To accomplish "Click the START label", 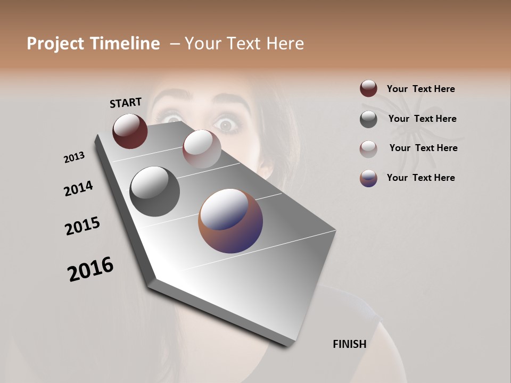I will pyautogui.click(x=126, y=103).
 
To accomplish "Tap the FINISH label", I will pyautogui.click(x=349, y=344).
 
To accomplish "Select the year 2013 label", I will pyautogui.click(x=74, y=157).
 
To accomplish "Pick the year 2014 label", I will pyautogui.click(x=78, y=188).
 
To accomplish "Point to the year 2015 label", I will pyautogui.click(x=83, y=226).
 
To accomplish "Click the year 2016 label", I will pyautogui.click(x=90, y=269).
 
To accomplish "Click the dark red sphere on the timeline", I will pyautogui.click(x=130, y=131).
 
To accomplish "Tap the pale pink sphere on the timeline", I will pyautogui.click(x=202, y=148).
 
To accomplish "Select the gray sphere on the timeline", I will pyautogui.click(x=154, y=191).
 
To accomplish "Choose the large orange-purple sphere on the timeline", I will pyautogui.click(x=230, y=221).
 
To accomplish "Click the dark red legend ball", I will pyautogui.click(x=368, y=89).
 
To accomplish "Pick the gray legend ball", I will pyautogui.click(x=368, y=119).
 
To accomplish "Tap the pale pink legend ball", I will pyautogui.click(x=368, y=149).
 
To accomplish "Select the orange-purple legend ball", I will pyautogui.click(x=368, y=178).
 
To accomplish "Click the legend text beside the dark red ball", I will pyautogui.click(x=421, y=89).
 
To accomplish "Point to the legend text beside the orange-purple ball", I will pyautogui.click(x=421, y=178).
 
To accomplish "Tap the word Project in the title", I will pyautogui.click(x=56, y=44).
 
